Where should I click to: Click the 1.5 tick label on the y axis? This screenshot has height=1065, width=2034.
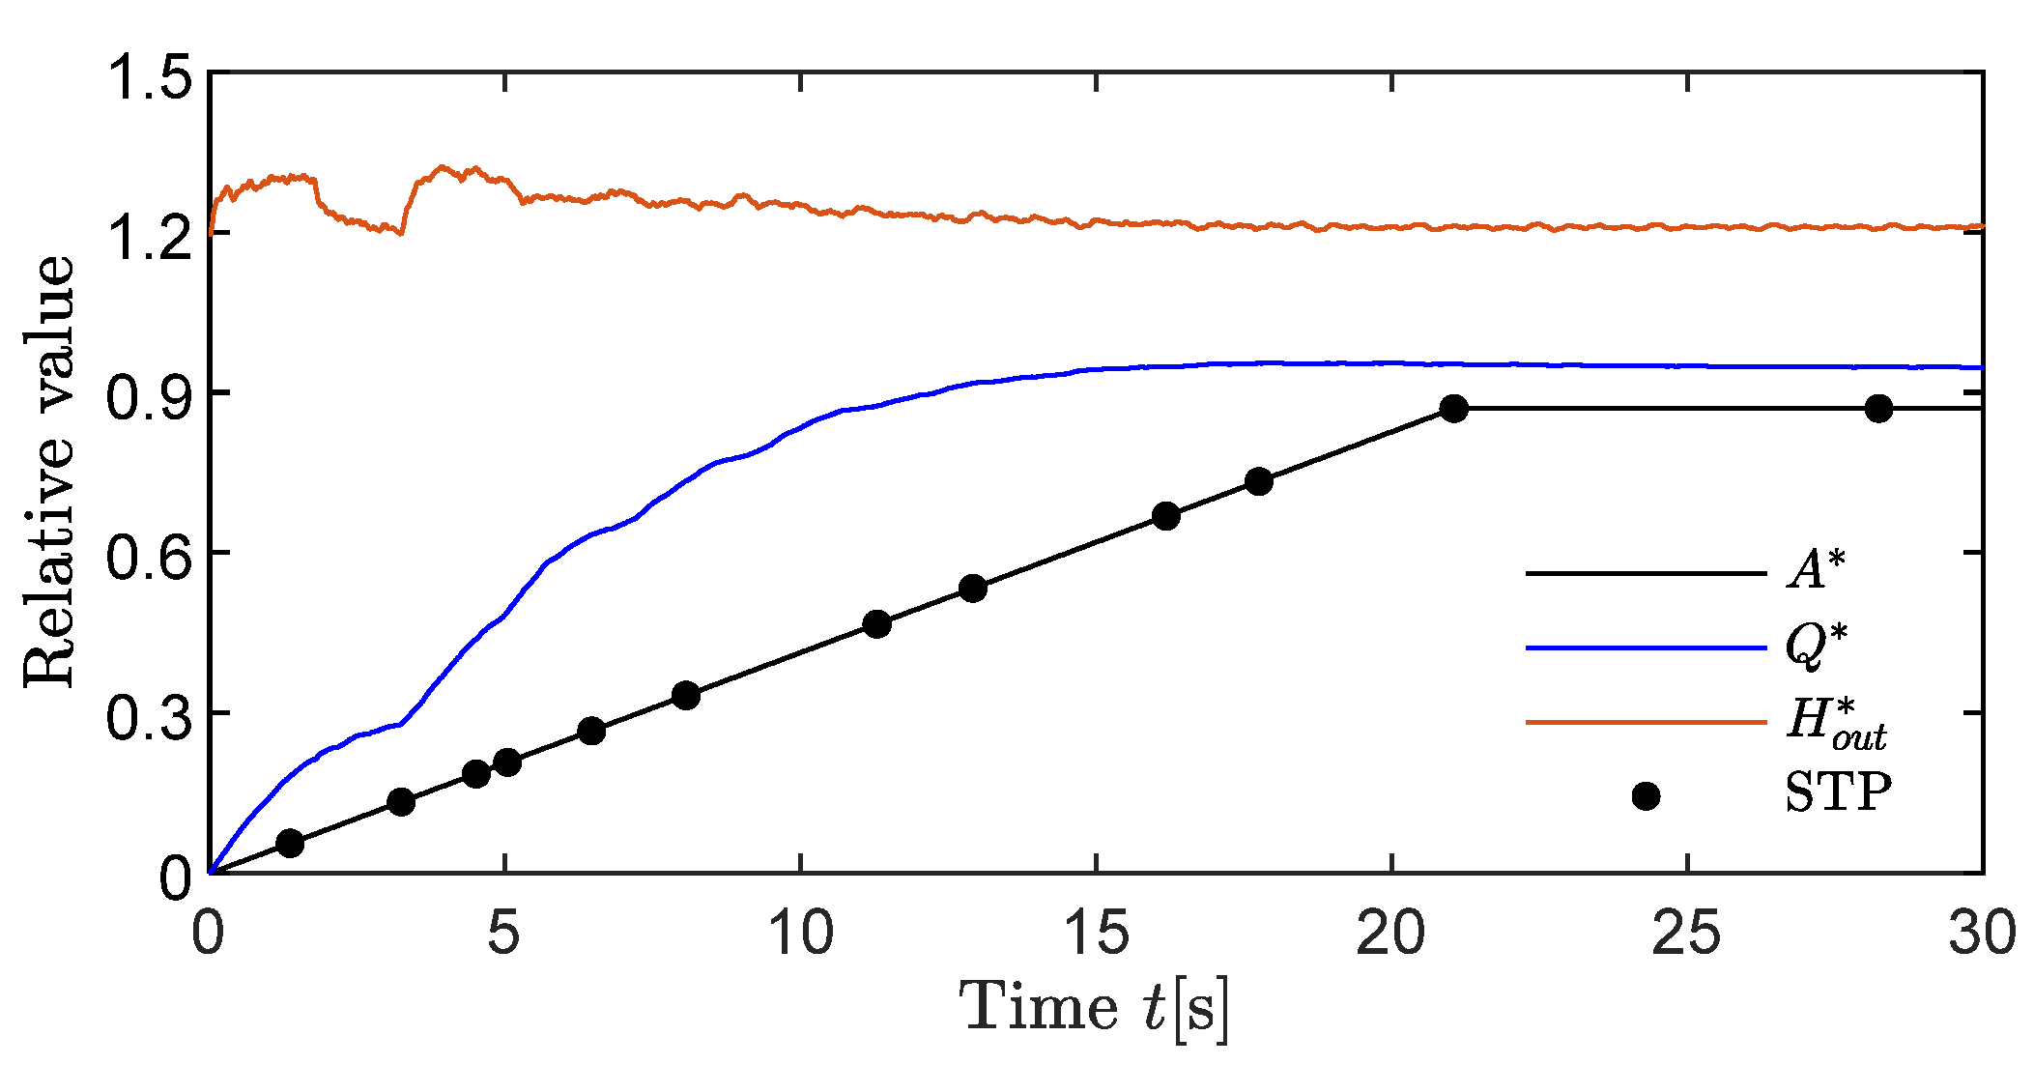pyautogui.click(x=146, y=78)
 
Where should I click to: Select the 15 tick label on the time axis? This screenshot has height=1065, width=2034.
pyautogui.click(x=1097, y=934)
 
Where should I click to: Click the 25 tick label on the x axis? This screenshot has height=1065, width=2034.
pyautogui.click(x=1687, y=934)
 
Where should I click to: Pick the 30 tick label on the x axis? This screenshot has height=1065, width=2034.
pyautogui.click(x=1981, y=934)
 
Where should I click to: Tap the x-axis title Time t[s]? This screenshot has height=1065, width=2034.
pyautogui.click(x=1094, y=1008)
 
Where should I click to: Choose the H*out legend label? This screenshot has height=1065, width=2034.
pyautogui.click(x=1834, y=723)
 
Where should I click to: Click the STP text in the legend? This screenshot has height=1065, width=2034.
pyautogui.click(x=1837, y=793)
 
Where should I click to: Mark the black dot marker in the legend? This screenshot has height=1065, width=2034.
pyautogui.click(x=1646, y=796)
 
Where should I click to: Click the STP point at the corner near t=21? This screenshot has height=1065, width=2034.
pyautogui.click(x=1453, y=409)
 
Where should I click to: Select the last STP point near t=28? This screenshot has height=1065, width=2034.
pyautogui.click(x=1878, y=409)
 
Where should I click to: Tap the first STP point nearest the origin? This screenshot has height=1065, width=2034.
pyautogui.click(x=290, y=844)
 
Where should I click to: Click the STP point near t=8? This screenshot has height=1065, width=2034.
pyautogui.click(x=686, y=695)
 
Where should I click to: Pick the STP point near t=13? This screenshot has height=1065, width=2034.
pyautogui.click(x=973, y=589)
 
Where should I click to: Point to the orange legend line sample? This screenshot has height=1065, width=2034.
pyautogui.click(x=1646, y=722)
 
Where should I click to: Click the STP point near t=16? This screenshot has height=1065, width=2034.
pyautogui.click(x=1166, y=516)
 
